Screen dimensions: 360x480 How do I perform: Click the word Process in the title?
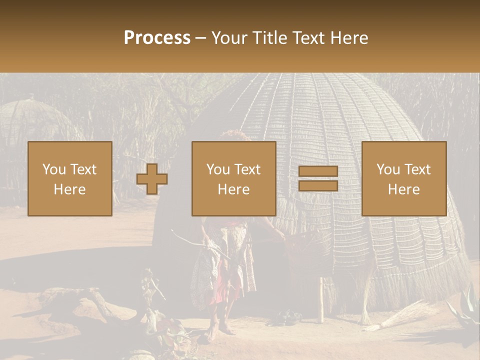(x=157, y=38)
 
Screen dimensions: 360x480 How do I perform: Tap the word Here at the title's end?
(x=349, y=38)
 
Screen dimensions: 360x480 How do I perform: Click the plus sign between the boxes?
(x=152, y=179)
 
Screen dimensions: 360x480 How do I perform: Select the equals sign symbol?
(x=318, y=179)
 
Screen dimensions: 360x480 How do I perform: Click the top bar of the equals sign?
(x=318, y=171)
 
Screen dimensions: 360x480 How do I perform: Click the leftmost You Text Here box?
(x=70, y=178)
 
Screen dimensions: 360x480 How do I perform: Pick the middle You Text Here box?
(x=233, y=178)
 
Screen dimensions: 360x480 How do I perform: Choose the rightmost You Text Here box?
(x=403, y=178)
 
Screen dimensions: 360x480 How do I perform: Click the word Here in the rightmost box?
(x=403, y=189)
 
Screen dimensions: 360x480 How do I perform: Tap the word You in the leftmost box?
(x=53, y=169)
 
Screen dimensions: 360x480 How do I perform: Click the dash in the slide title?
(x=201, y=38)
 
